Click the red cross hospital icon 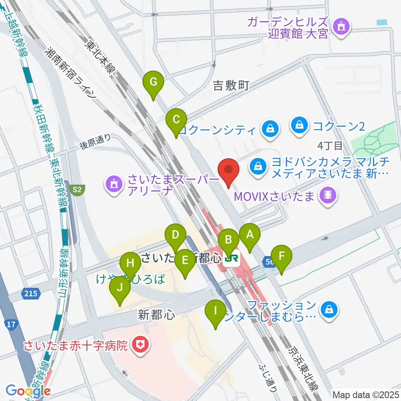(x=136, y=345)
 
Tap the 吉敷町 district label (x=231, y=86)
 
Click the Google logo (x=28, y=391)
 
